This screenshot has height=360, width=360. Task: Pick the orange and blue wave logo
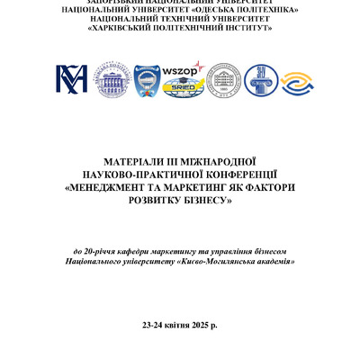[x=297, y=82]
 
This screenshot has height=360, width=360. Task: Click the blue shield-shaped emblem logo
[x=148, y=80]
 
